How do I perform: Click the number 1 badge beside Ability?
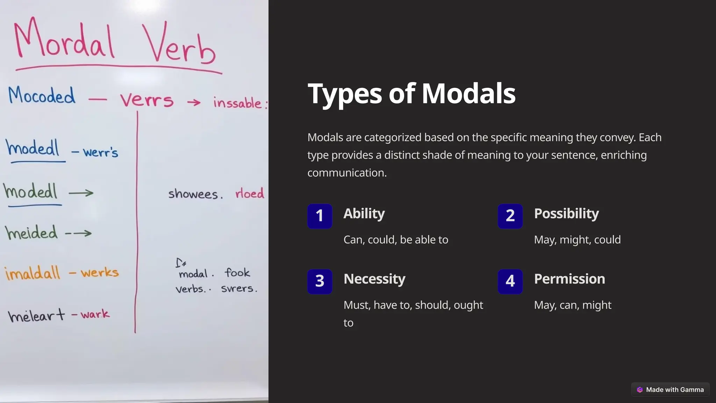(x=320, y=216)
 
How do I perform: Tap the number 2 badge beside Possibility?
(x=510, y=216)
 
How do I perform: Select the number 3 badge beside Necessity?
(x=320, y=281)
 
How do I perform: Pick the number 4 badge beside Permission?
(x=510, y=281)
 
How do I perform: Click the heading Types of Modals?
(x=411, y=94)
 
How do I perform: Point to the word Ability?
(x=364, y=214)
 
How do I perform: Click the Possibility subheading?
(x=566, y=214)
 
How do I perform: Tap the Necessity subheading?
(x=374, y=279)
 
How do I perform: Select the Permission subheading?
(x=570, y=279)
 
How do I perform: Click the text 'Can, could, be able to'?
(x=396, y=240)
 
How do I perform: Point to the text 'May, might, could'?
(x=577, y=240)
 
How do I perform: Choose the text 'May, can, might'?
(x=573, y=305)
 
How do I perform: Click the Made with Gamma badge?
(x=670, y=390)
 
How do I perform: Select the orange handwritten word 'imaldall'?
(x=32, y=273)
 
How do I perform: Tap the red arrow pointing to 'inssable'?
(x=194, y=102)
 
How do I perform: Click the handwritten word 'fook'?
(x=237, y=273)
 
